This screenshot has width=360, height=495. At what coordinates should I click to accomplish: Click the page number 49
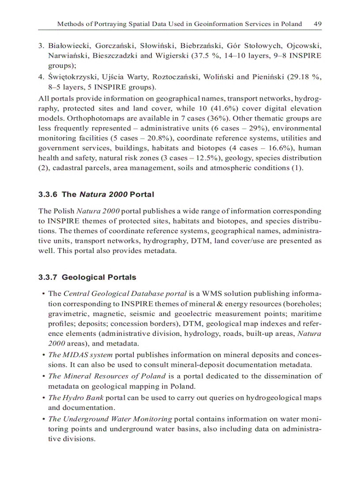point(317,24)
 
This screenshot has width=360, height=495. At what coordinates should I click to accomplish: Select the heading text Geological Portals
point(99,277)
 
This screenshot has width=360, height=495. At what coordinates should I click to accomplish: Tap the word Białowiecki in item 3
point(67,46)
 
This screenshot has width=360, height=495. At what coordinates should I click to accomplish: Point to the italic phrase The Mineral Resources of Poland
point(107,376)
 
